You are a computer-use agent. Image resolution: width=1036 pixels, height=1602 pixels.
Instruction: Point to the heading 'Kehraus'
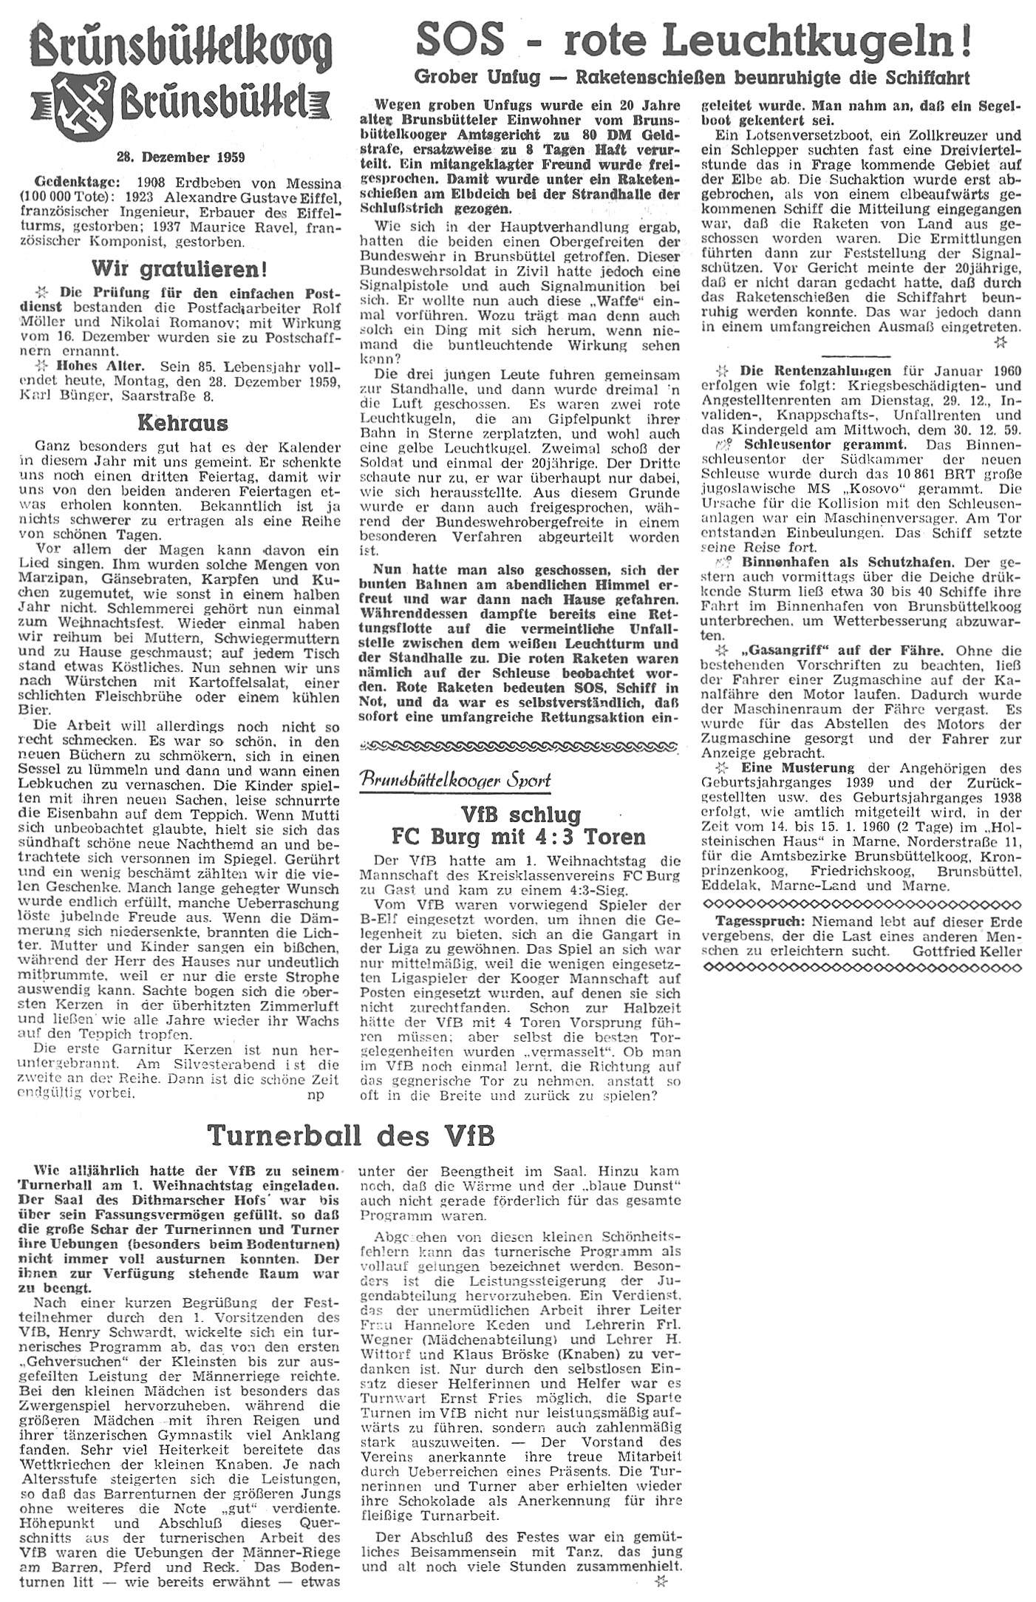(182, 424)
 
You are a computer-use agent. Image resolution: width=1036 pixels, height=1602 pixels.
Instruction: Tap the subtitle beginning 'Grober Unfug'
(692, 77)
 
